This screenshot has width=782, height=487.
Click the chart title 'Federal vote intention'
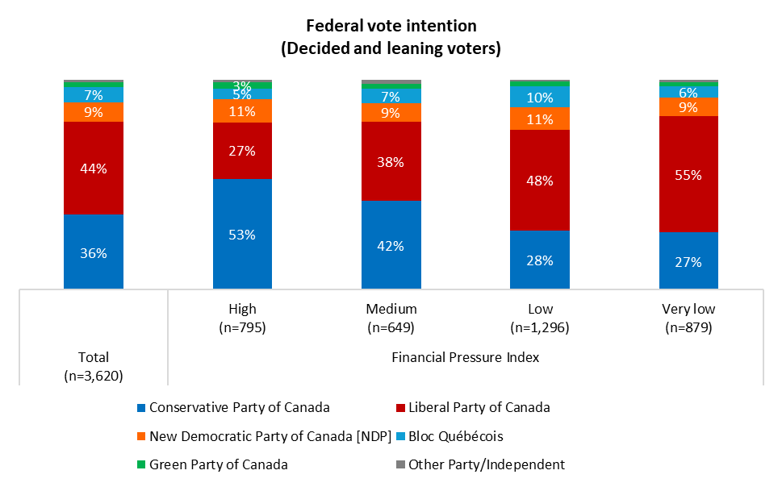click(391, 27)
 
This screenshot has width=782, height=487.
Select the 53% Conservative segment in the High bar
click(242, 234)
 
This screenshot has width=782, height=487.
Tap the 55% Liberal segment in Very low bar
click(688, 174)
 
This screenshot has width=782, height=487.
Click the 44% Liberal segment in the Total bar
click(94, 168)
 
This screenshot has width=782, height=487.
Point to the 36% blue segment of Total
click(94, 252)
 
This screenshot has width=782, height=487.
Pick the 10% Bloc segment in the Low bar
click(540, 98)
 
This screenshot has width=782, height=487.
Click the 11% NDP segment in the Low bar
click(540, 119)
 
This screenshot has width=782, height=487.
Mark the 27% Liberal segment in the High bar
click(242, 151)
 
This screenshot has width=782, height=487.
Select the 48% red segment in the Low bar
click(540, 181)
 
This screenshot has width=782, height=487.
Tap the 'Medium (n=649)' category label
click(391, 318)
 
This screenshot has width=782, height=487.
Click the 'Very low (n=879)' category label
click(688, 318)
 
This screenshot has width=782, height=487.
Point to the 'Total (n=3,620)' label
click(94, 366)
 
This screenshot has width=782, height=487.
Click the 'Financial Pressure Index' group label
click(465, 357)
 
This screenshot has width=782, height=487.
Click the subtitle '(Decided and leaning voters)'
click(391, 48)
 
